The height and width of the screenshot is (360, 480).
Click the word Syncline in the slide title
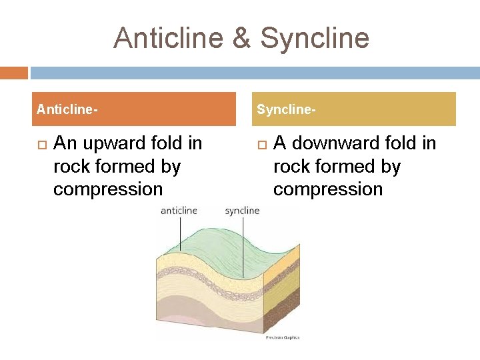pyautogui.click(x=314, y=38)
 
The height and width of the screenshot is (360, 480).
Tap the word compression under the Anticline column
pyautogui.click(x=108, y=189)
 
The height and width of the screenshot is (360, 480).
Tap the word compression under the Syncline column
pyautogui.click(x=328, y=189)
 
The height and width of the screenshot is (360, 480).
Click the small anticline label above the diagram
pyautogui.click(x=179, y=211)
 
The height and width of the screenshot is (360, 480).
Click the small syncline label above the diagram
pyautogui.click(x=242, y=211)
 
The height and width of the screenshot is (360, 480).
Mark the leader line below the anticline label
pyautogui.click(x=180, y=233)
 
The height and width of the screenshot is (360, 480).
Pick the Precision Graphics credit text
pyautogui.click(x=283, y=337)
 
